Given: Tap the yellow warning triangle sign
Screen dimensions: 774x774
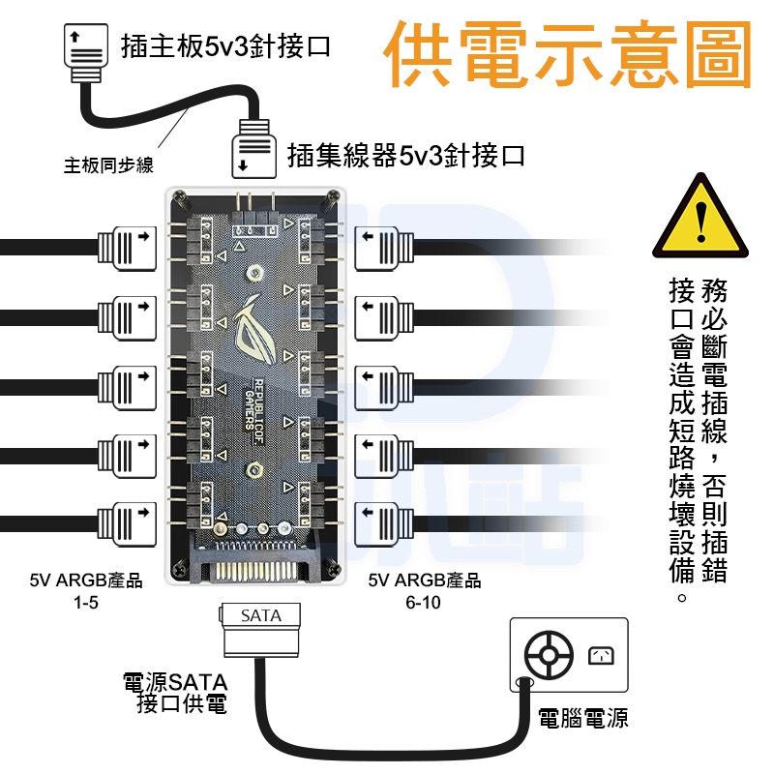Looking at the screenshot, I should [700, 218].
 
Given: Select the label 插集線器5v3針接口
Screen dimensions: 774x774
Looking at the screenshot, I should [406, 155].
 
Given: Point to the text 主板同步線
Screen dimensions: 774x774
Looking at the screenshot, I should [108, 165].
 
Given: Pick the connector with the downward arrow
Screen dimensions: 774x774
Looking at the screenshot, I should [252, 153].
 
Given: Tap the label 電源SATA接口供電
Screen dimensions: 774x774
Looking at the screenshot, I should [174, 694].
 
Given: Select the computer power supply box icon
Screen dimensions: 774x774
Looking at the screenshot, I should [568, 655].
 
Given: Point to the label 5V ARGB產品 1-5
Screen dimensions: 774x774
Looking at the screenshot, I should [86, 591].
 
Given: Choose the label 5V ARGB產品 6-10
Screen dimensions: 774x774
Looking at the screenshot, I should [425, 591].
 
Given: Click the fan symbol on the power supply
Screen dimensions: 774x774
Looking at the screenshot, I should [548, 655].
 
